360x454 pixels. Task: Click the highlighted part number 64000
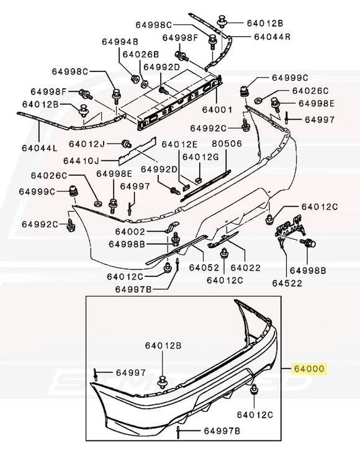(x=308, y=368)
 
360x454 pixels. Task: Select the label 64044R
(x=271, y=36)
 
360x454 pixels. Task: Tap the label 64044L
(x=39, y=148)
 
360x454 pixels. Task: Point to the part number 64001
(x=217, y=109)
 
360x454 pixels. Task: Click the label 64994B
(x=120, y=42)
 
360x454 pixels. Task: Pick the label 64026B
(x=140, y=54)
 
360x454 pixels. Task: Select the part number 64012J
(x=88, y=144)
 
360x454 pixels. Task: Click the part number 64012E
(x=180, y=144)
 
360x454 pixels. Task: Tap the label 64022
(x=246, y=268)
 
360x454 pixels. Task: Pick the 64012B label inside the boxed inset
(x=163, y=345)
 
